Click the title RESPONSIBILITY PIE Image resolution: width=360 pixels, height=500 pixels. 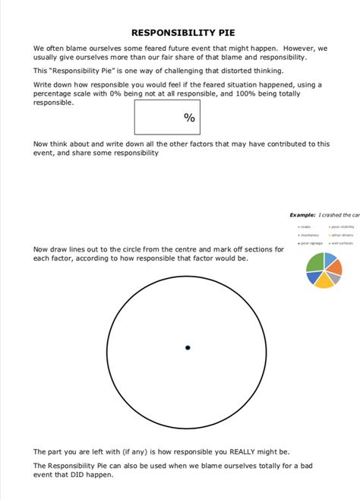(183, 33)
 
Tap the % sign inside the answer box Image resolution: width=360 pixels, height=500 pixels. (189, 118)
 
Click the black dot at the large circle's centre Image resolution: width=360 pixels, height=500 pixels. (188, 348)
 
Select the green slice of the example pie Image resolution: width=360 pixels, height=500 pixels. (314, 263)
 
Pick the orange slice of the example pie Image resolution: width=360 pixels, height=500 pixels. (335, 267)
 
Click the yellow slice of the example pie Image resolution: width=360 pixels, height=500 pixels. (324, 280)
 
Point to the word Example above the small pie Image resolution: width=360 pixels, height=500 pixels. (302, 215)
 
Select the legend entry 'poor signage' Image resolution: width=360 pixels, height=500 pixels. (311, 243)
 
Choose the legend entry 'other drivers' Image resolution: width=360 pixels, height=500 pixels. (343, 235)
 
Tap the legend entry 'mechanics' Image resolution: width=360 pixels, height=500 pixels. (309, 235)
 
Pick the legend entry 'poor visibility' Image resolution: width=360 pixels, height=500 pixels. (343, 226)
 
